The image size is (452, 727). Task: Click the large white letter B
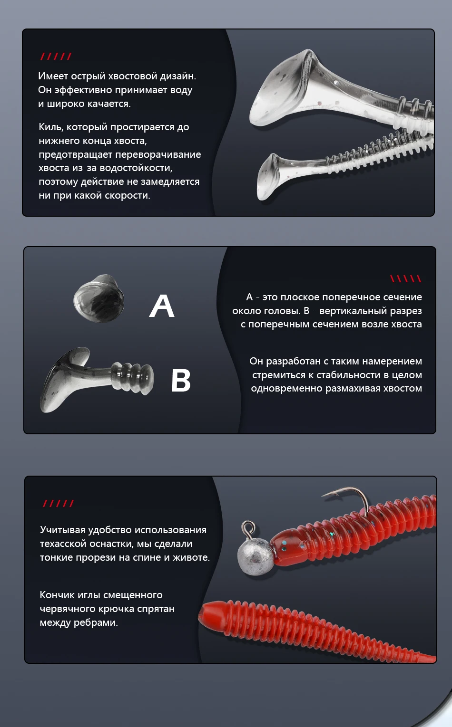181,381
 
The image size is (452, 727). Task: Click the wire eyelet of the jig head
248,529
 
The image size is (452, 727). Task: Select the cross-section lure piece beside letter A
99,298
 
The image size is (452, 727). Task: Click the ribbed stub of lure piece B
132,378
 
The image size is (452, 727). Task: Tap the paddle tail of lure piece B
65,380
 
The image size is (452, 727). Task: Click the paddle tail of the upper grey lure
286,87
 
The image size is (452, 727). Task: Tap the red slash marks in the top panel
56,57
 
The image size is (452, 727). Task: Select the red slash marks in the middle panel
405,278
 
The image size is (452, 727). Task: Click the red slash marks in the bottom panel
59,503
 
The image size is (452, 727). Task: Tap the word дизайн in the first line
178,76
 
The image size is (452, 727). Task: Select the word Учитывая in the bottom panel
62,530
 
